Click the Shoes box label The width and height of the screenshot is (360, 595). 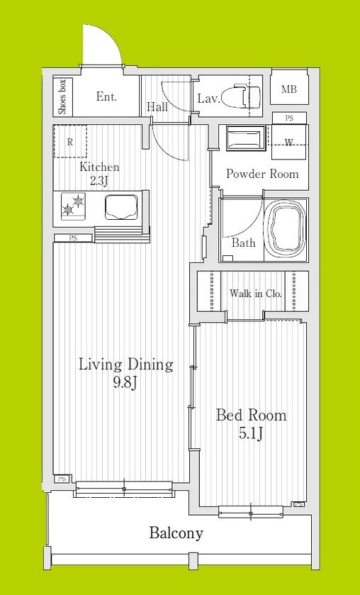(x=62, y=96)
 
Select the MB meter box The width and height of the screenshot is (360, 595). (x=289, y=89)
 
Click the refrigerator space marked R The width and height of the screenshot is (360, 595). (x=69, y=142)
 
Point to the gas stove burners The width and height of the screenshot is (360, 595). (x=73, y=204)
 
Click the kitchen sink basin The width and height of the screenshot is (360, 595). (x=121, y=207)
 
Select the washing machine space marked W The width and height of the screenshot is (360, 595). (x=289, y=143)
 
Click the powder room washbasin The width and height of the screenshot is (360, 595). (x=244, y=138)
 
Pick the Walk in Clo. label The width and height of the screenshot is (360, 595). (x=256, y=293)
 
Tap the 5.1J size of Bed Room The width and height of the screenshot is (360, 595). (x=251, y=434)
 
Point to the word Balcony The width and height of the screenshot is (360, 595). (x=176, y=533)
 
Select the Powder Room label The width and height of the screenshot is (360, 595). (x=262, y=174)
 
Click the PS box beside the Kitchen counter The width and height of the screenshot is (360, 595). (x=73, y=238)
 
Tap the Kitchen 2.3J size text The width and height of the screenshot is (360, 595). (x=99, y=181)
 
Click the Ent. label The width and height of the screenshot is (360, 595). (x=106, y=96)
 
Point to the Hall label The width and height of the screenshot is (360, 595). (x=157, y=107)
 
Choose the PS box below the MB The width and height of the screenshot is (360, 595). (x=289, y=118)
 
